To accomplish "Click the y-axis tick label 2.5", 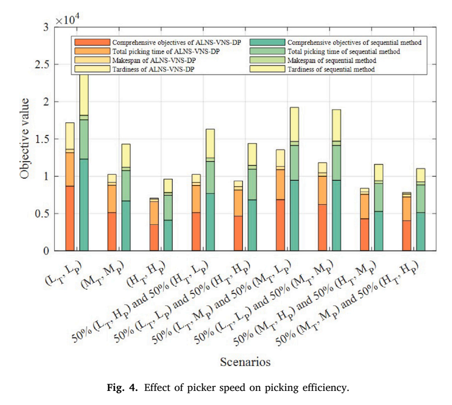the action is tap(42, 65).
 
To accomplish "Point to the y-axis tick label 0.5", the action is tap(42, 214).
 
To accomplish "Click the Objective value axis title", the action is tap(25, 139).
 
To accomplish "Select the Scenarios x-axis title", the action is tap(246, 362).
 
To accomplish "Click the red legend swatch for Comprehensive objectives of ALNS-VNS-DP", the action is tap(92, 42).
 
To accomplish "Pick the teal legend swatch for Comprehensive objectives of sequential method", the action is tap(267, 42).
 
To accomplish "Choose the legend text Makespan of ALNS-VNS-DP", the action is tap(154, 60).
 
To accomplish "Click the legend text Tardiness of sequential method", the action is tap(331, 69).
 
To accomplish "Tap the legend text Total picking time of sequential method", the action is tap(344, 51).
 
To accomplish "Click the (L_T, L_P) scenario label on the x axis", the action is tap(64, 273).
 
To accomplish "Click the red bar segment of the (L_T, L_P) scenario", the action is tap(70, 218).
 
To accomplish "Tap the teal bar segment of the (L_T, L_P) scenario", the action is tap(84, 205).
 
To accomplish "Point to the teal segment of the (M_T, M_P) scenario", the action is tap(126, 226).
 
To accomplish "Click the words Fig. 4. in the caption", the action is tap(122, 387).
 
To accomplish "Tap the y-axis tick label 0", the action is tap(46, 251).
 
